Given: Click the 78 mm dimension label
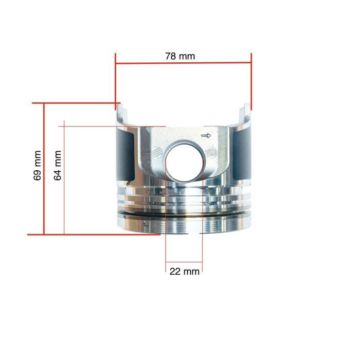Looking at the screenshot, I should tap(180, 56).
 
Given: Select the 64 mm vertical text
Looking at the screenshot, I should tap(58, 165).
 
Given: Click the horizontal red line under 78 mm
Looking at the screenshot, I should tap(184, 64).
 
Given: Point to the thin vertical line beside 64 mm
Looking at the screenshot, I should tap(64, 180).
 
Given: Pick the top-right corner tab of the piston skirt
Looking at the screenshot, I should tap(247, 112).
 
